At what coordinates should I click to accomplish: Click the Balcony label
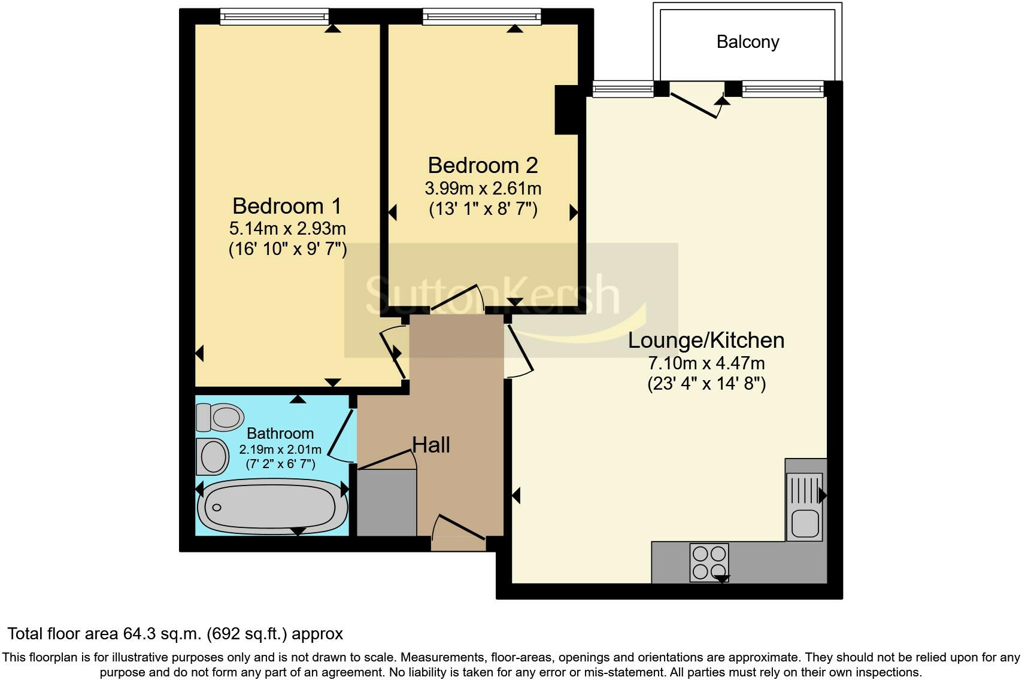point(747,42)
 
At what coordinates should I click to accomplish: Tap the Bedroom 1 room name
point(287,206)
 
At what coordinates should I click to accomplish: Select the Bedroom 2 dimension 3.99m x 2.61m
point(483,189)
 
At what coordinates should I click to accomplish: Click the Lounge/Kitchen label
point(706,340)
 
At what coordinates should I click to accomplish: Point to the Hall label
point(431,445)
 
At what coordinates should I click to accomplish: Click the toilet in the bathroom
point(220,417)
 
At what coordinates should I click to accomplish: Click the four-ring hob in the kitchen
point(709,561)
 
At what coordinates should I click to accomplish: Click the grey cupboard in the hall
point(387,503)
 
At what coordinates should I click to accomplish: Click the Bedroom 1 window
point(274,17)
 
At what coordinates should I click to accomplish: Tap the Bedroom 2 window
point(482,17)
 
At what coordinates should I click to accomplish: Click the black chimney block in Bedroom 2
point(566,110)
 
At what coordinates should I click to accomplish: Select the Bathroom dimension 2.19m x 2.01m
point(280,450)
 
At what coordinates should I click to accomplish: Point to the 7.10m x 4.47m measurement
point(706,363)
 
